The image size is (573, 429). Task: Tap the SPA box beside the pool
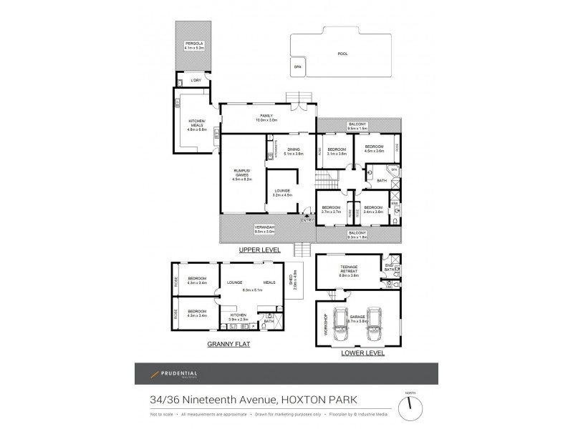tap(297, 66)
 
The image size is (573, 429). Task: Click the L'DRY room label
tap(196, 80)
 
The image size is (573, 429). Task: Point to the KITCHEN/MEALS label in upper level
tap(197, 123)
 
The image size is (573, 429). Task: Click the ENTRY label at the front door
tap(307, 220)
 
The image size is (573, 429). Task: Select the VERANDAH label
tap(265, 229)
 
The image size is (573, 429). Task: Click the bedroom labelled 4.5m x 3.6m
tap(374, 151)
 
